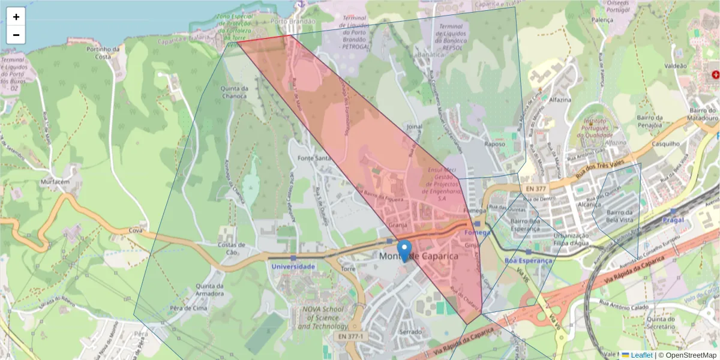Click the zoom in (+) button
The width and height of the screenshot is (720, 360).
click(x=16, y=17)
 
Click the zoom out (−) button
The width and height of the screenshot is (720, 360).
click(x=16, y=35)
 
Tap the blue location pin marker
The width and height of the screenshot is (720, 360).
click(x=405, y=250)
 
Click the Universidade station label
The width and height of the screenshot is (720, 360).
click(x=293, y=266)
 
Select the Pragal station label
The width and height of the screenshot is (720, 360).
click(x=673, y=220)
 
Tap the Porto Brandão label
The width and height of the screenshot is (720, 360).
click(x=293, y=21)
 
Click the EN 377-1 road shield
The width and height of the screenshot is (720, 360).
click(x=350, y=337)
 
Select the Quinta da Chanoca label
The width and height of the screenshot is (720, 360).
click(x=234, y=92)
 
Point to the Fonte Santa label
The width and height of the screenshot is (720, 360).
click(x=314, y=158)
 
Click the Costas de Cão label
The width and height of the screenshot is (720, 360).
click(x=231, y=248)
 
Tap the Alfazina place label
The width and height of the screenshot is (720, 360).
click(x=559, y=100)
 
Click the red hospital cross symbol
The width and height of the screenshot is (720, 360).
click(x=715, y=74)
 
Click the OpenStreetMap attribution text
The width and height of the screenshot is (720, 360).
click(x=687, y=355)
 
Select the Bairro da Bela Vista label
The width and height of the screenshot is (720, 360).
click(x=620, y=216)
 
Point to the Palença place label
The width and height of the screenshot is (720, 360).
click(x=602, y=19)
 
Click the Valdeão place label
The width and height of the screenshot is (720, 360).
click(x=676, y=66)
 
